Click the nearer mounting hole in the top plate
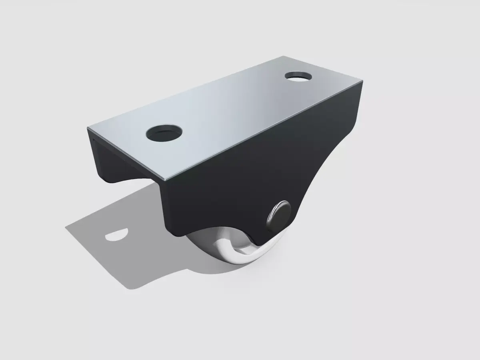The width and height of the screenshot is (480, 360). pos(164,132)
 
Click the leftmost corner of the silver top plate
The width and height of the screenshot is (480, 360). pos(88,128)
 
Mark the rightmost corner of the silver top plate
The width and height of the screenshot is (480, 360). pos(364,82)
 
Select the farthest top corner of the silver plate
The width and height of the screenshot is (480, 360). pos(283,56)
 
